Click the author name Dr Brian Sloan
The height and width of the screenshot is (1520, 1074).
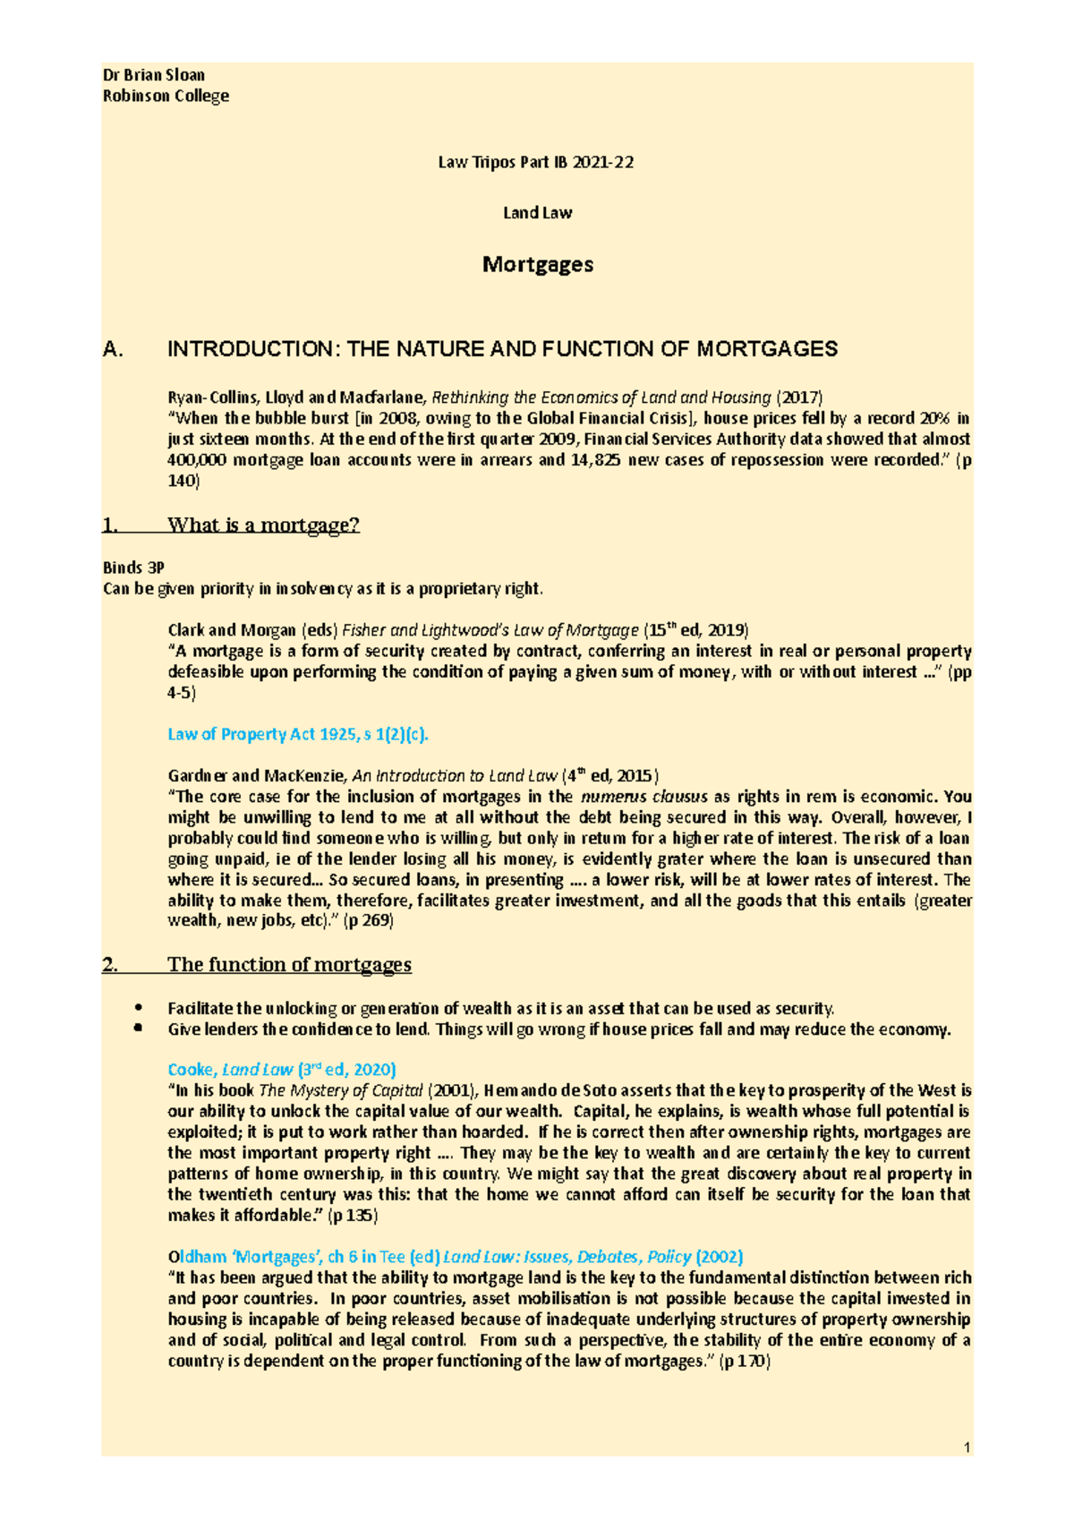(x=154, y=75)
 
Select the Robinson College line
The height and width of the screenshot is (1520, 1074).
(x=166, y=96)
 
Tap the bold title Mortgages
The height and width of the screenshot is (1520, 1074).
(x=537, y=264)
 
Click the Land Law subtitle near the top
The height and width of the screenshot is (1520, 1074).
(x=537, y=213)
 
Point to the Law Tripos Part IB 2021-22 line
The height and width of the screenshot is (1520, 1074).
(x=535, y=162)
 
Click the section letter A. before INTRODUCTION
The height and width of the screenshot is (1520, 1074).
(x=113, y=349)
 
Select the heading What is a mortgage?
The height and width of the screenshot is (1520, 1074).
(x=263, y=525)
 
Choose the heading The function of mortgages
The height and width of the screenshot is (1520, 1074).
(x=289, y=964)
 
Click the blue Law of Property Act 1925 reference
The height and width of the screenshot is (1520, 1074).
(x=298, y=734)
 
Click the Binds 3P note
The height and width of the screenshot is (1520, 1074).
(x=134, y=568)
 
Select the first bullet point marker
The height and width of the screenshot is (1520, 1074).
(x=137, y=1008)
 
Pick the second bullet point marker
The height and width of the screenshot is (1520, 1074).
(x=137, y=1029)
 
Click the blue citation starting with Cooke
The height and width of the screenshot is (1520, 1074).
(x=282, y=1070)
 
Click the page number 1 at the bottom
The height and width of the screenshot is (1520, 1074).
(x=967, y=1447)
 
